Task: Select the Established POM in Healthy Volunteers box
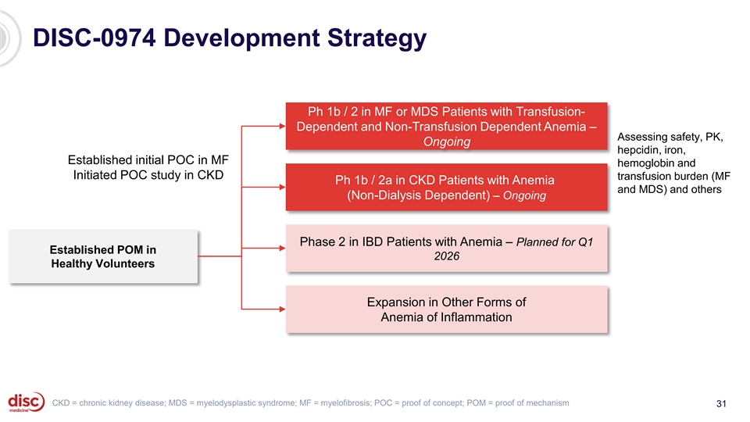click(x=102, y=256)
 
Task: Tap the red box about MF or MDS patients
click(x=447, y=125)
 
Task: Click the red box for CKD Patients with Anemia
click(x=447, y=188)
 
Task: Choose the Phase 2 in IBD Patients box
click(x=447, y=249)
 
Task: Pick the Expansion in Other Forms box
click(x=447, y=309)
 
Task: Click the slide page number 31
click(x=721, y=403)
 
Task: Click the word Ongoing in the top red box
click(x=446, y=142)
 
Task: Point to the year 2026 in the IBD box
click(x=446, y=256)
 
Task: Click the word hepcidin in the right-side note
click(x=639, y=151)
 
